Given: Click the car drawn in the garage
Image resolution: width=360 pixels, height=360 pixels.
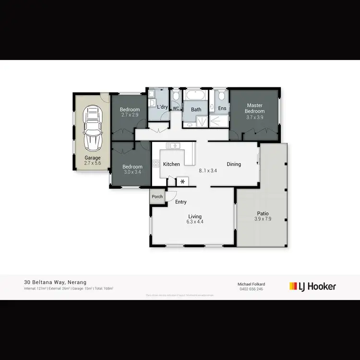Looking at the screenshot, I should point(93,128).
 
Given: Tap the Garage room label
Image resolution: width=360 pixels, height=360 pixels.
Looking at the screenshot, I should point(93,158).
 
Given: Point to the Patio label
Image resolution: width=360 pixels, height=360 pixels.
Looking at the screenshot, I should point(263,214).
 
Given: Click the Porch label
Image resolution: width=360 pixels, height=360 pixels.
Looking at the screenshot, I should point(157,197).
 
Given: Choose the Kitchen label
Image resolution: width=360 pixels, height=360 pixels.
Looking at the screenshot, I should point(171,164).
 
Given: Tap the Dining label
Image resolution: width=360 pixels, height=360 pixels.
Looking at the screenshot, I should point(234,164).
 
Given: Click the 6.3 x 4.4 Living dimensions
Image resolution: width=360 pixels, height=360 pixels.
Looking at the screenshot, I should point(195,222).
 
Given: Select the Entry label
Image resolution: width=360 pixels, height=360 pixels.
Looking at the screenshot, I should point(180,202).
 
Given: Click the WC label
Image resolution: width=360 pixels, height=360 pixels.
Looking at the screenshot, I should point(176,108).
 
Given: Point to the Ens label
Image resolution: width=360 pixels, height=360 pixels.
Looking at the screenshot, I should point(222,108).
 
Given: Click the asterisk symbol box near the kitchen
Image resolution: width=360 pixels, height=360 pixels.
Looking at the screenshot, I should point(182,181).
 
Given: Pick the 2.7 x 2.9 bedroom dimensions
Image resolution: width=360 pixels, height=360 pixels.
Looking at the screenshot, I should point(130,115).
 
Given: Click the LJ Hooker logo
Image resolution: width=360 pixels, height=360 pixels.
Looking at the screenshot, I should point(312,287).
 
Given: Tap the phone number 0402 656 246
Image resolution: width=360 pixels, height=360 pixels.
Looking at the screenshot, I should point(252,289).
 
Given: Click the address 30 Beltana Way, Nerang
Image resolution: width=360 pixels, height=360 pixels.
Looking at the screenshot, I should point(55,283).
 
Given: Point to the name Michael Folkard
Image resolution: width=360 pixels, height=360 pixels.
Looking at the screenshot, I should point(252,284).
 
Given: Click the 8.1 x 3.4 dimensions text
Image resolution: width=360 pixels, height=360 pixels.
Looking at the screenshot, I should point(208,170).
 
